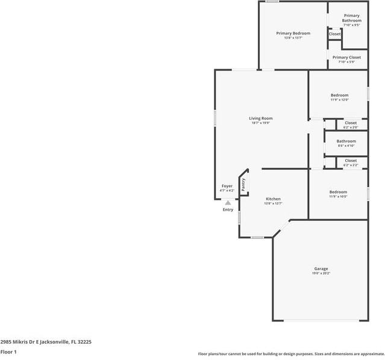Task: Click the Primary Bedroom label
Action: (293, 33)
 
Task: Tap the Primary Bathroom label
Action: (352, 18)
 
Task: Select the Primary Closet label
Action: (349, 57)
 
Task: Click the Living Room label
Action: (261, 119)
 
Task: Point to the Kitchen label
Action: (273, 199)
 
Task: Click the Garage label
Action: (321, 268)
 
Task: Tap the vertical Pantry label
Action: (243, 184)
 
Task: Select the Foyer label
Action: (227, 186)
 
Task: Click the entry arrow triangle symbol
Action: (228, 203)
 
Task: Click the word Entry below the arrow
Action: (228, 209)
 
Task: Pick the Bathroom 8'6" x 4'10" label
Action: (346, 141)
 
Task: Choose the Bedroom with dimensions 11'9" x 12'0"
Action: (339, 96)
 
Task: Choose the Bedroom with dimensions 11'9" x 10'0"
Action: (338, 192)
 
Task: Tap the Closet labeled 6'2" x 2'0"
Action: (350, 123)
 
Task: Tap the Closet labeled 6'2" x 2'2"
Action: (350, 161)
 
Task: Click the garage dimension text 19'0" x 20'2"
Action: (321, 273)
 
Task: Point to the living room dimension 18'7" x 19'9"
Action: (261, 123)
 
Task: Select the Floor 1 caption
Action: (8, 352)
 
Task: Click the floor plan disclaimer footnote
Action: (291, 354)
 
